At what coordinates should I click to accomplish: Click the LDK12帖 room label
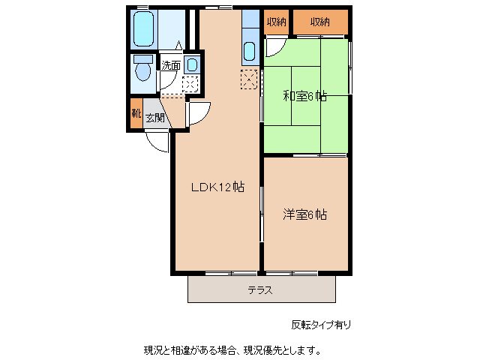(x=217, y=187)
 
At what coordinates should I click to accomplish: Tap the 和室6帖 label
(x=304, y=97)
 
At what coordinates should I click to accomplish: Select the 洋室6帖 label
(x=304, y=214)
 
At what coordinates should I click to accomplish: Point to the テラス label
(x=260, y=290)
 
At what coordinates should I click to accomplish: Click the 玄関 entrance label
(x=155, y=118)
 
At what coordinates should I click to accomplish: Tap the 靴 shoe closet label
(x=136, y=113)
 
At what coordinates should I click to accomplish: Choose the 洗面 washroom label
(x=171, y=65)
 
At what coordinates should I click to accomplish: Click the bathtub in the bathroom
(x=143, y=29)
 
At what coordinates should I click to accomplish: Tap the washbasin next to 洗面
(x=192, y=64)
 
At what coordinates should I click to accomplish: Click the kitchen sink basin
(x=250, y=51)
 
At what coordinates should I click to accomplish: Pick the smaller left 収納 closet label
(x=276, y=22)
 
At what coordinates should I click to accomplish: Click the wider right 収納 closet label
(x=320, y=22)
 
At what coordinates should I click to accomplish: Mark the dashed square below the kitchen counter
(x=249, y=79)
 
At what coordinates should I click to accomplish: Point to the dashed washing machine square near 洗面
(x=190, y=84)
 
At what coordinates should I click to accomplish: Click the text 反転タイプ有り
(x=321, y=325)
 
